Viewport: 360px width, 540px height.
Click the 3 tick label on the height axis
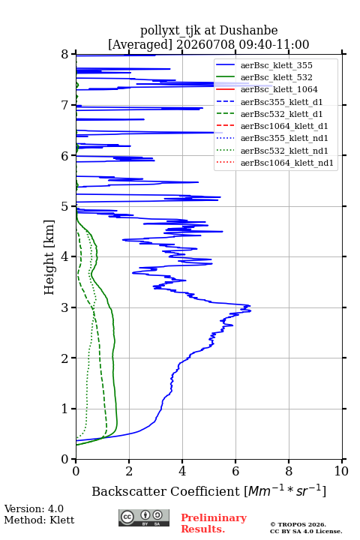65,307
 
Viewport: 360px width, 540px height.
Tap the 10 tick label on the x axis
341,471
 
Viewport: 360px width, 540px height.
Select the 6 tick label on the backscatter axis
235,471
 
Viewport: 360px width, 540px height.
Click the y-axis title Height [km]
49,257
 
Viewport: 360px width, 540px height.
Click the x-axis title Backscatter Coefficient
166,491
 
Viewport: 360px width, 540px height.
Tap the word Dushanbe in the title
248,31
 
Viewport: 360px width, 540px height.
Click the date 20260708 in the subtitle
205,44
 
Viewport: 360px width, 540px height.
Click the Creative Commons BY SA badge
144,517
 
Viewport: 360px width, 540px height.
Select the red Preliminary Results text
214,523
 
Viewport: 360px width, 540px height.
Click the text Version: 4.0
34,508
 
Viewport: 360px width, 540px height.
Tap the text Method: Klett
39,520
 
